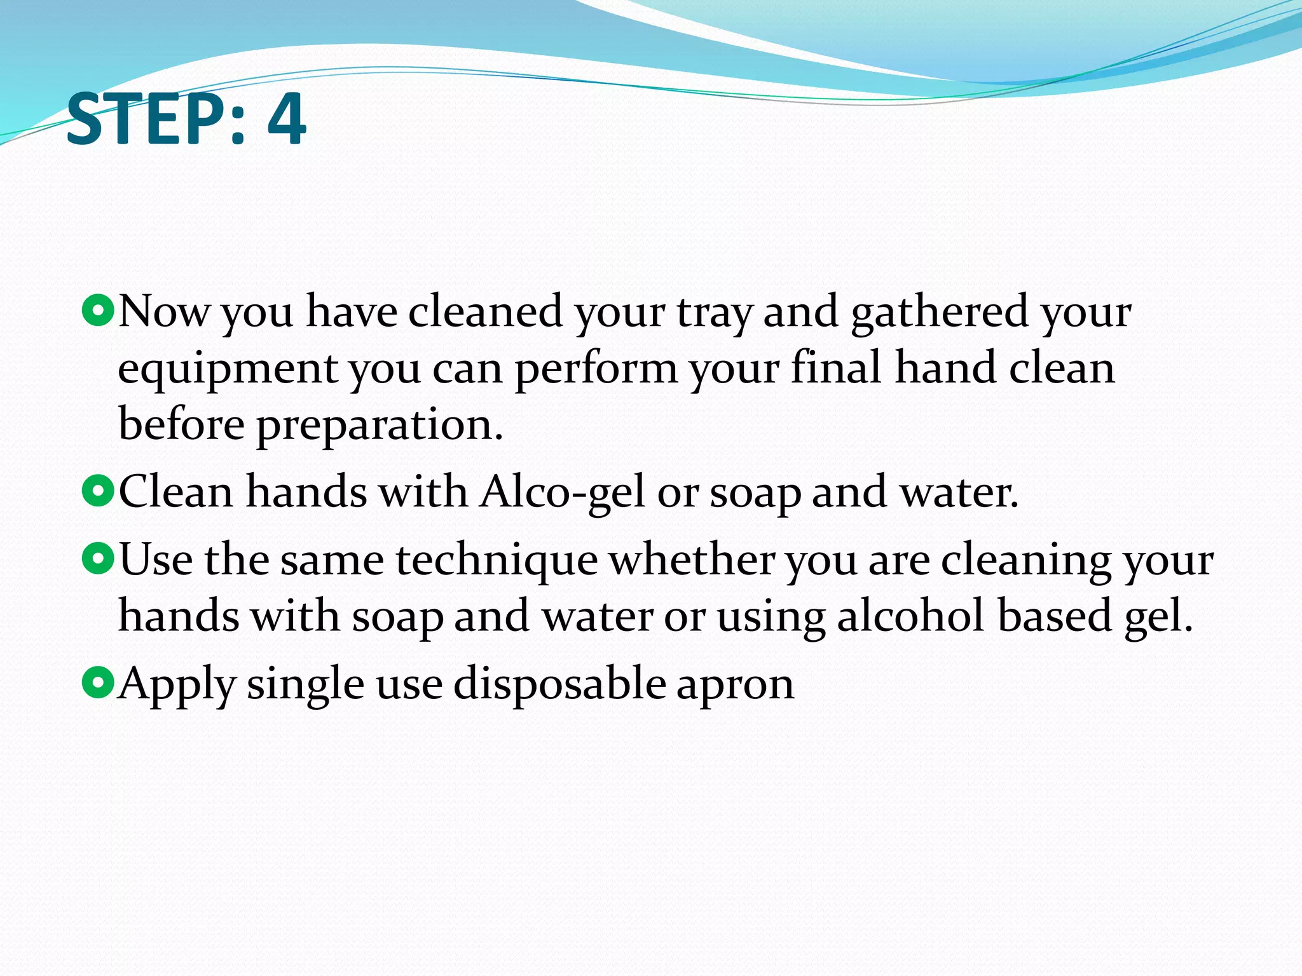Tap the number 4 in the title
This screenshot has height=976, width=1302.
pyautogui.click(x=287, y=119)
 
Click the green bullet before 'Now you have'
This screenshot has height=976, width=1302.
pyautogui.click(x=98, y=311)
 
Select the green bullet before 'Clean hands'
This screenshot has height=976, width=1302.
pyautogui.click(x=98, y=491)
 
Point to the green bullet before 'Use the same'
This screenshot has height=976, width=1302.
pyautogui.click(x=98, y=559)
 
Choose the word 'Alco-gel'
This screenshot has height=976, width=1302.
pyautogui.click(x=563, y=493)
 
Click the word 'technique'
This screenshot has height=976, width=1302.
pyautogui.click(x=497, y=560)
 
